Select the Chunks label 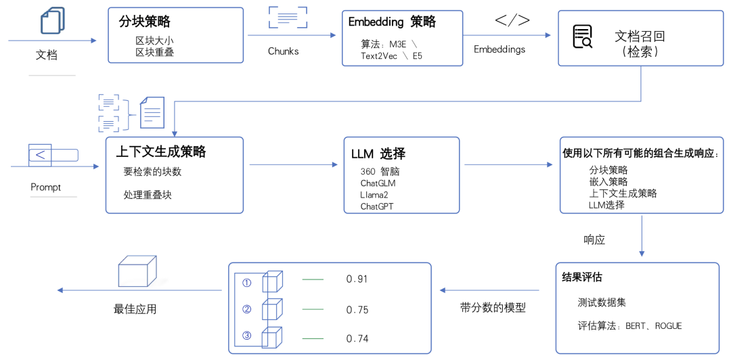pos(284,51)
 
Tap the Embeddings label pos(500,49)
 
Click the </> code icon pos(512,20)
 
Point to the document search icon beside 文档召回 pos(582,37)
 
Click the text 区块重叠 pos(154,53)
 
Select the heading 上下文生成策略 pos(161,152)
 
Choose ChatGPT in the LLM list pos(378,206)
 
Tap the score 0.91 pos(357,279)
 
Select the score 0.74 pos(357,339)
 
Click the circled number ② pos(247,309)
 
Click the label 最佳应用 pos(135,309)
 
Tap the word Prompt pos(46,187)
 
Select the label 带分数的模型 pos(493,308)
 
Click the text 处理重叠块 pos(148,195)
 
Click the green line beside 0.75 pos(313,309)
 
